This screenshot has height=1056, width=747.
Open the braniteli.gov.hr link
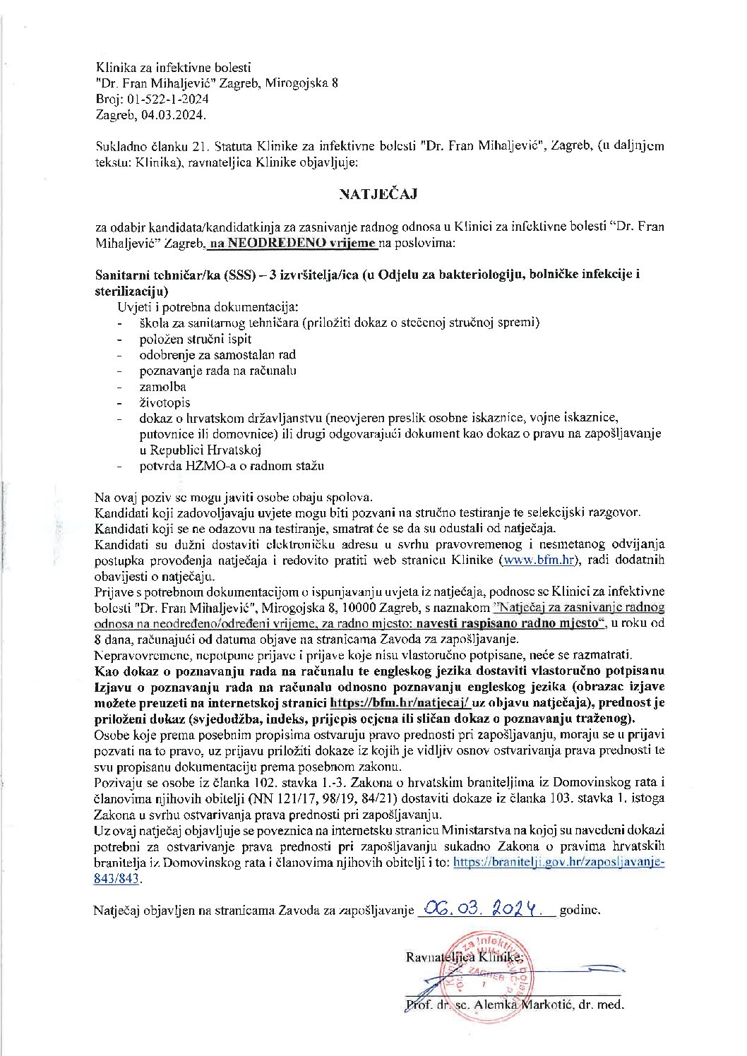click(558, 862)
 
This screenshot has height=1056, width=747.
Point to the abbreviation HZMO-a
click(203, 465)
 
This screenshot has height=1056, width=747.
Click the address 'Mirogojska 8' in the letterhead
click(304, 83)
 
